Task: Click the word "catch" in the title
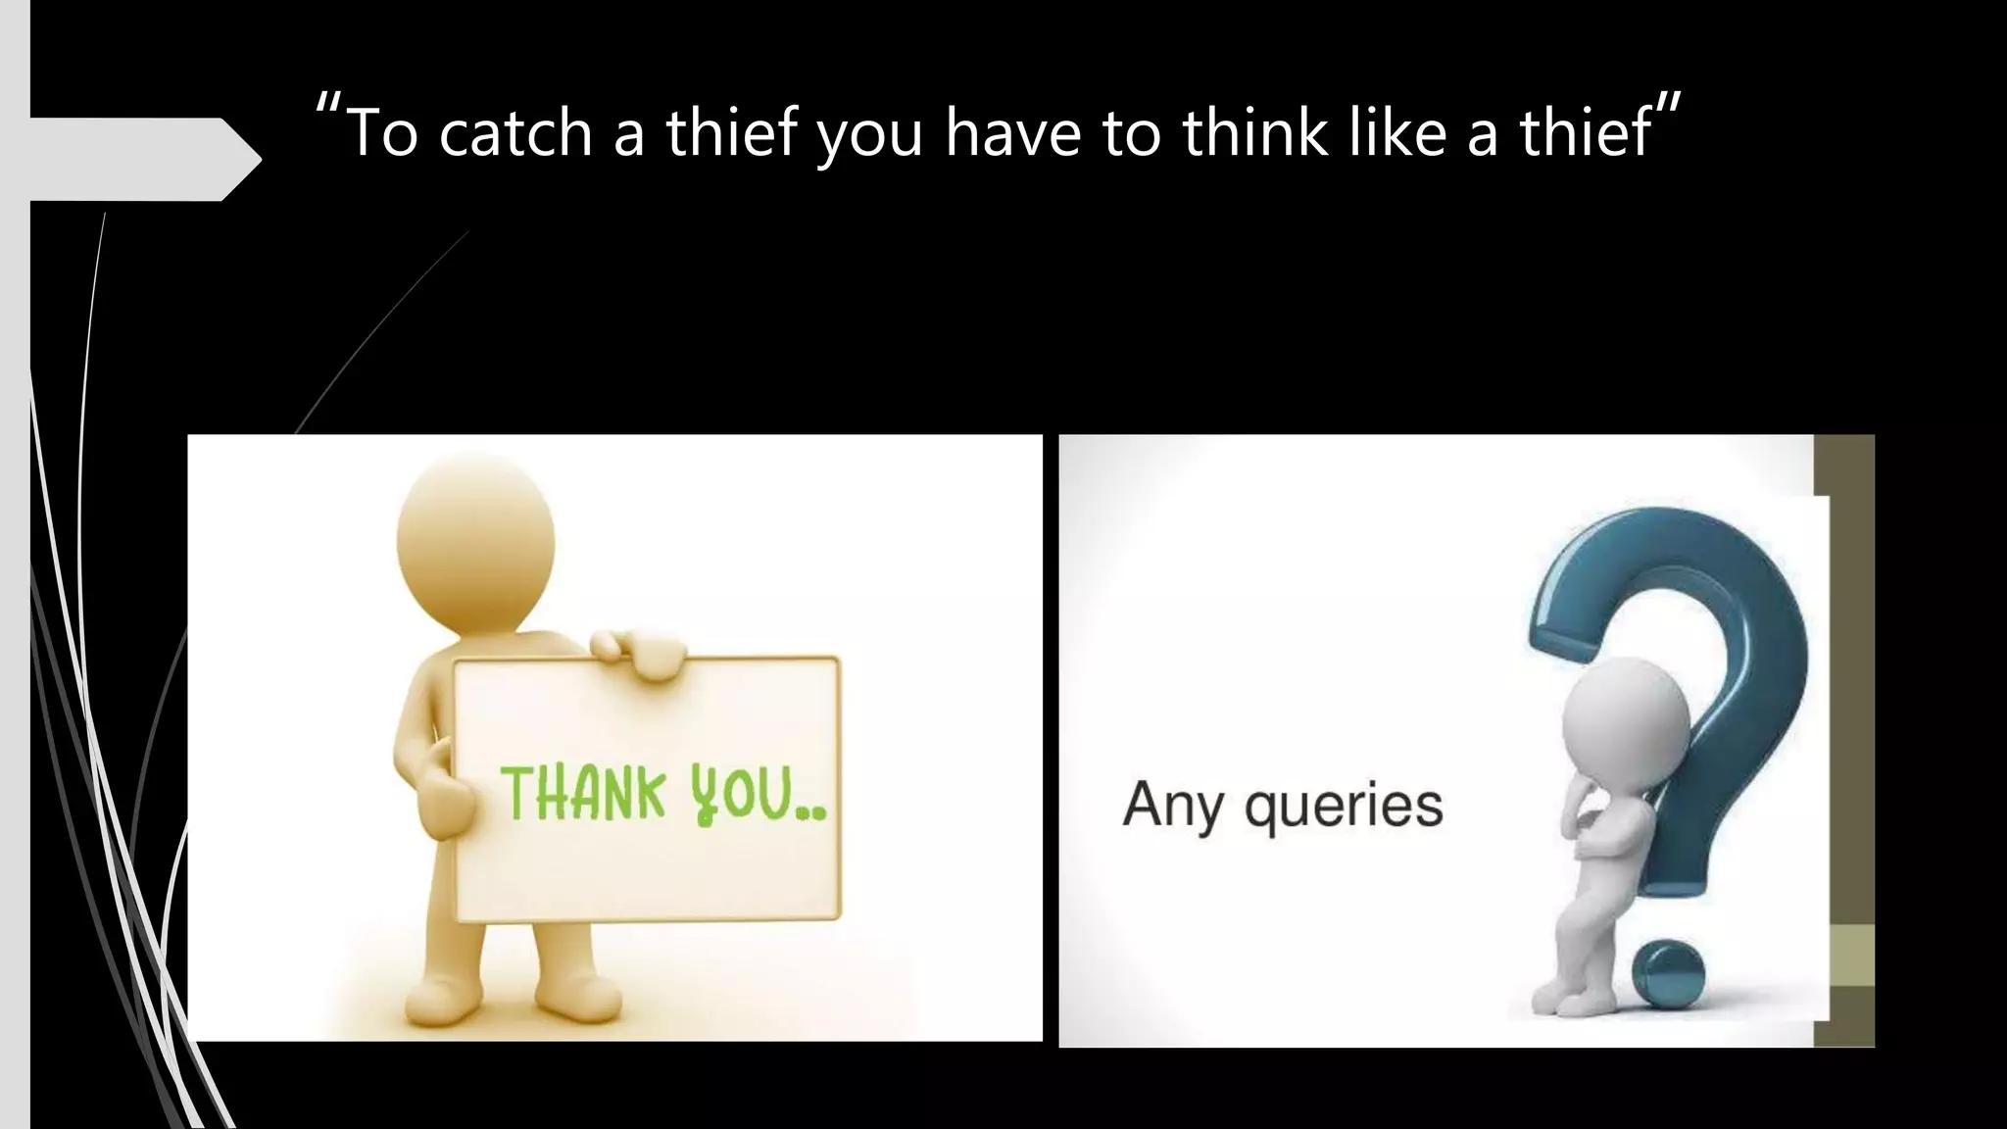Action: [515, 133]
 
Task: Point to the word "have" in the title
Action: [1014, 133]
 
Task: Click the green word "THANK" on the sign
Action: [584, 794]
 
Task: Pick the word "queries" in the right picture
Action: [1344, 808]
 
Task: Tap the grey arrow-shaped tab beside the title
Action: [137, 159]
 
